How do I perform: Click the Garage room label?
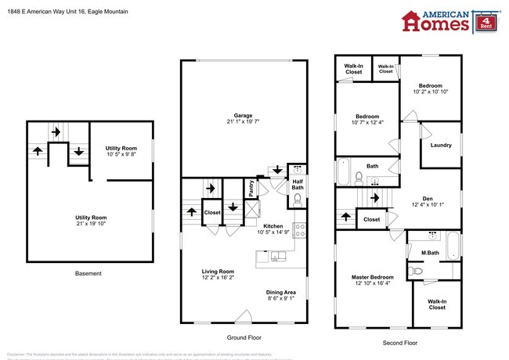(243, 116)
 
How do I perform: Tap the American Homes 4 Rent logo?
(449, 21)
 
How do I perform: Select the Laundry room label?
(440, 145)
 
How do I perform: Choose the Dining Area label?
(282, 293)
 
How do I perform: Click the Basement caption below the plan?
(88, 274)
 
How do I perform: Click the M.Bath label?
(429, 252)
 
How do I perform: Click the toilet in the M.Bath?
(419, 271)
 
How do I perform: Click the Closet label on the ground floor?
(212, 212)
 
